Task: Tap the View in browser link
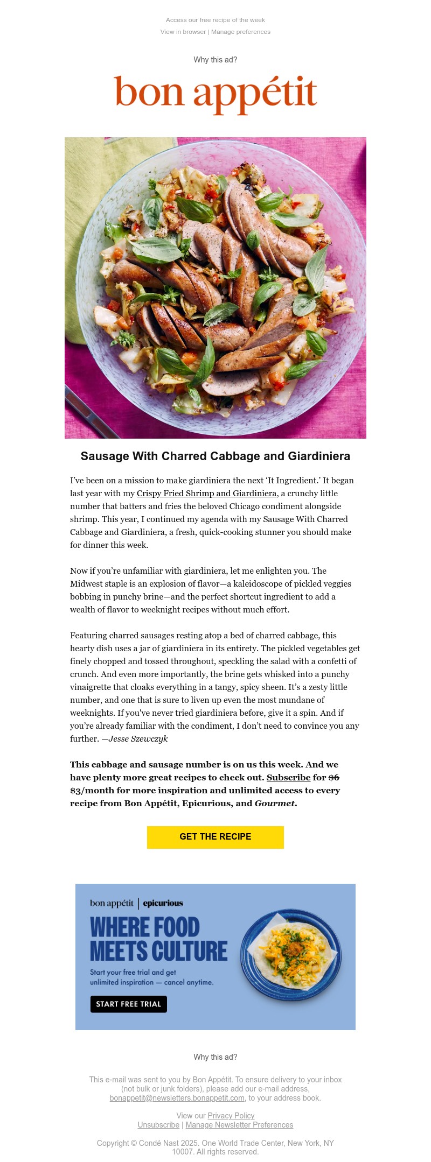pyautogui.click(x=183, y=32)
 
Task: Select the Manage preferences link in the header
pyautogui.click(x=241, y=32)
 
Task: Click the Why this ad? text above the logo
pyautogui.click(x=215, y=60)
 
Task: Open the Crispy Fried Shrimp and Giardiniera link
pyautogui.click(x=207, y=494)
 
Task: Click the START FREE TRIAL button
pyautogui.click(x=129, y=1004)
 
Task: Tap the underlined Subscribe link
pyautogui.click(x=288, y=778)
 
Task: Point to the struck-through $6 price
pyautogui.click(x=333, y=778)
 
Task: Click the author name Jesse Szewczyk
pyautogui.click(x=138, y=739)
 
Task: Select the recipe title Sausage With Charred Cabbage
pyautogui.click(x=215, y=456)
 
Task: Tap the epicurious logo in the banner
pyautogui.click(x=163, y=903)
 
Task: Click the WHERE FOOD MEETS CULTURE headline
pyautogui.click(x=158, y=939)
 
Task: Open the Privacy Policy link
pyautogui.click(x=231, y=1116)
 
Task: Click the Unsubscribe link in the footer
pyautogui.click(x=158, y=1125)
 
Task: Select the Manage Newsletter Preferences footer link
pyautogui.click(x=239, y=1125)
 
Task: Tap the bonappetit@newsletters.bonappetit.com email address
pyautogui.click(x=177, y=1098)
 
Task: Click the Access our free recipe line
pyautogui.click(x=215, y=20)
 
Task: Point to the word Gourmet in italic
pyautogui.click(x=274, y=804)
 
